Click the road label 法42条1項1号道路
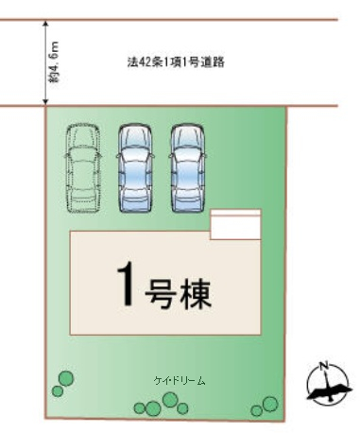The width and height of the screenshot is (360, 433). click(176, 62)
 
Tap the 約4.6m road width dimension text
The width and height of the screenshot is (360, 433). click(54, 62)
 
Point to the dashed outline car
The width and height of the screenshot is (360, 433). click(83, 168)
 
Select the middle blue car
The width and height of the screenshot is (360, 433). click(135, 167)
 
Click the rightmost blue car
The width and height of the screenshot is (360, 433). click(188, 167)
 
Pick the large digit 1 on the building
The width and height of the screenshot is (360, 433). click(126, 285)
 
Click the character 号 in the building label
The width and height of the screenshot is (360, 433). click(160, 293)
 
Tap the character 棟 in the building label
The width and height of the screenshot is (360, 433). click(195, 293)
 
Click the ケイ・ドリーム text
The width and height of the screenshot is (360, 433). click(180, 381)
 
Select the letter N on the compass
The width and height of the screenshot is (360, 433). click(323, 366)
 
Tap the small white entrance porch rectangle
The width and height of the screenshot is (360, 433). click(235, 224)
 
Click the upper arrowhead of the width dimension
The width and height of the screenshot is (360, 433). click(45, 24)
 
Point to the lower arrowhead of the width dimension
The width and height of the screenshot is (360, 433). click(45, 101)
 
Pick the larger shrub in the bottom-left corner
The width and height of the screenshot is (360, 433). click(66, 378)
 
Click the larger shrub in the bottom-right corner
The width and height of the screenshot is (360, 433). click(270, 404)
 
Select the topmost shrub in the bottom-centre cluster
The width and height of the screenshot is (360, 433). click(170, 400)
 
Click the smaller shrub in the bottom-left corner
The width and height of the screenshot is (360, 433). click(58, 391)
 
